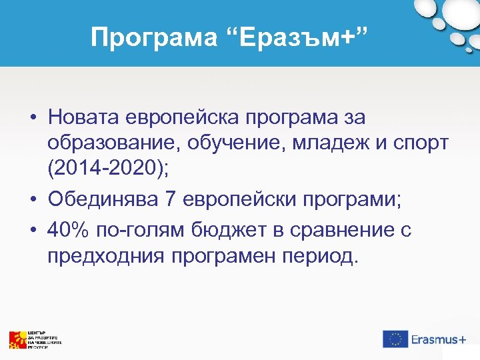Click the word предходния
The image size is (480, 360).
point(103,255)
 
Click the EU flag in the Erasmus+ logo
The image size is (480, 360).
point(395,339)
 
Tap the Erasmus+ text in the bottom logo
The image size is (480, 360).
point(438,339)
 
